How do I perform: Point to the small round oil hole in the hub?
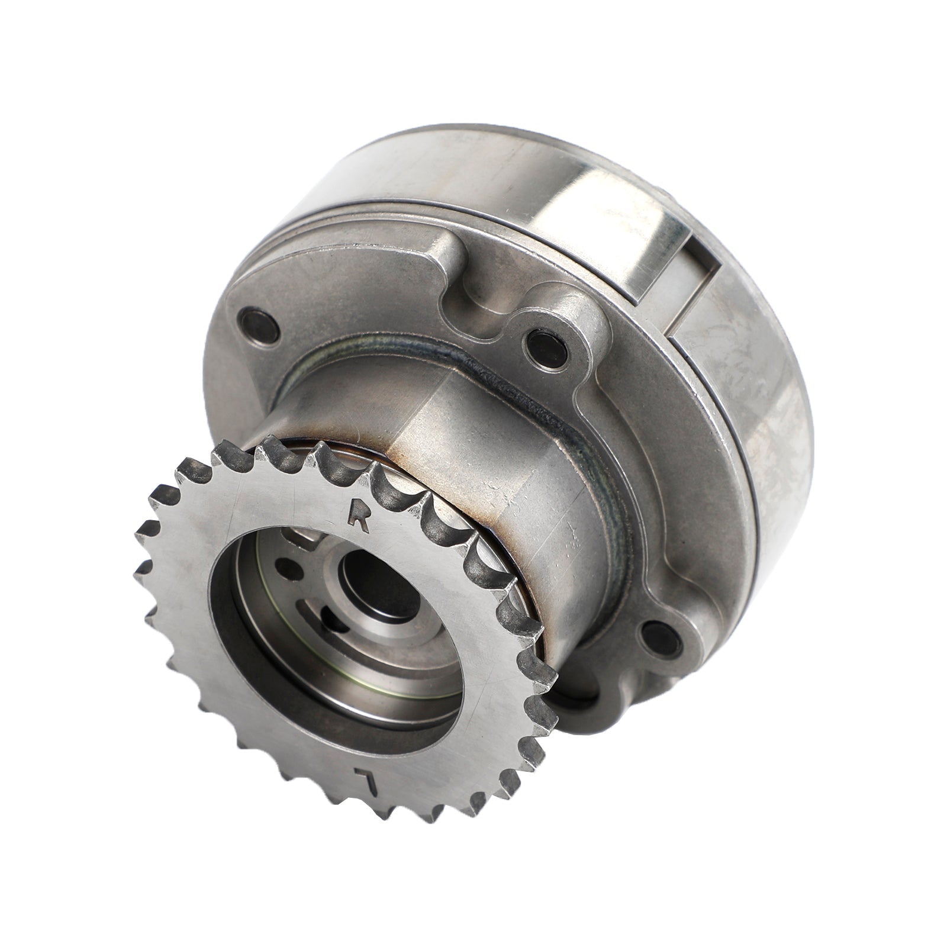click(289, 569)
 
